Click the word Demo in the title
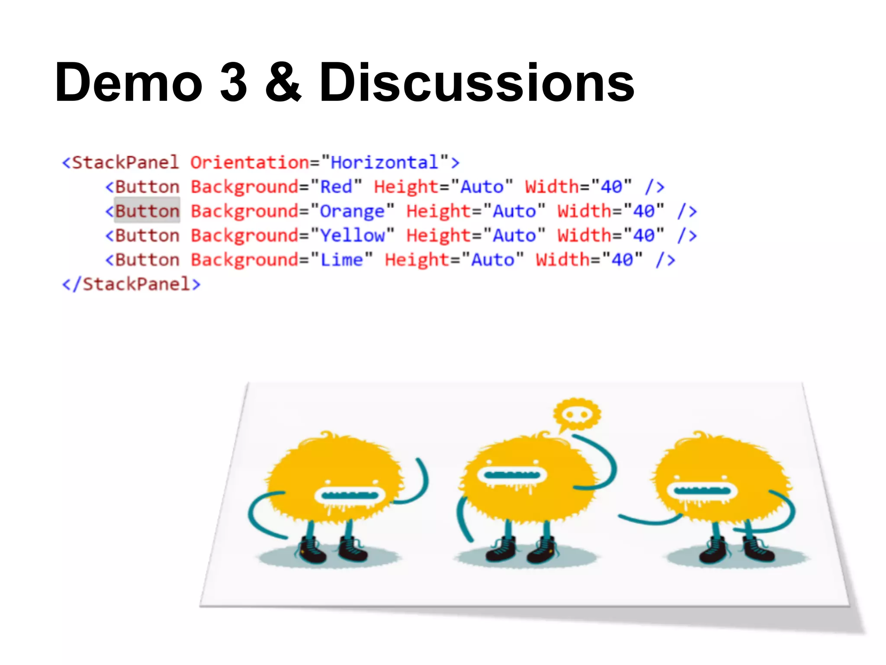pos(129,82)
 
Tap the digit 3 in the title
pos(234,82)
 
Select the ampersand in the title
pos(283,82)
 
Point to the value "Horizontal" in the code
pos(385,163)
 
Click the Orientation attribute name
pos(250,163)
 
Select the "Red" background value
pos(336,187)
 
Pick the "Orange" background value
pos(352,211)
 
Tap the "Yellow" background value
pos(352,236)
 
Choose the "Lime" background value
pos(341,260)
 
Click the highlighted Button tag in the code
pos(147,211)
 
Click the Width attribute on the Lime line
pos(562,260)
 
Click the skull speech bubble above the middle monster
pos(578,414)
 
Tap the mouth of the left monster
pos(350,495)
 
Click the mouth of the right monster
pos(702,491)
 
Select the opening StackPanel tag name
pos(125,163)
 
